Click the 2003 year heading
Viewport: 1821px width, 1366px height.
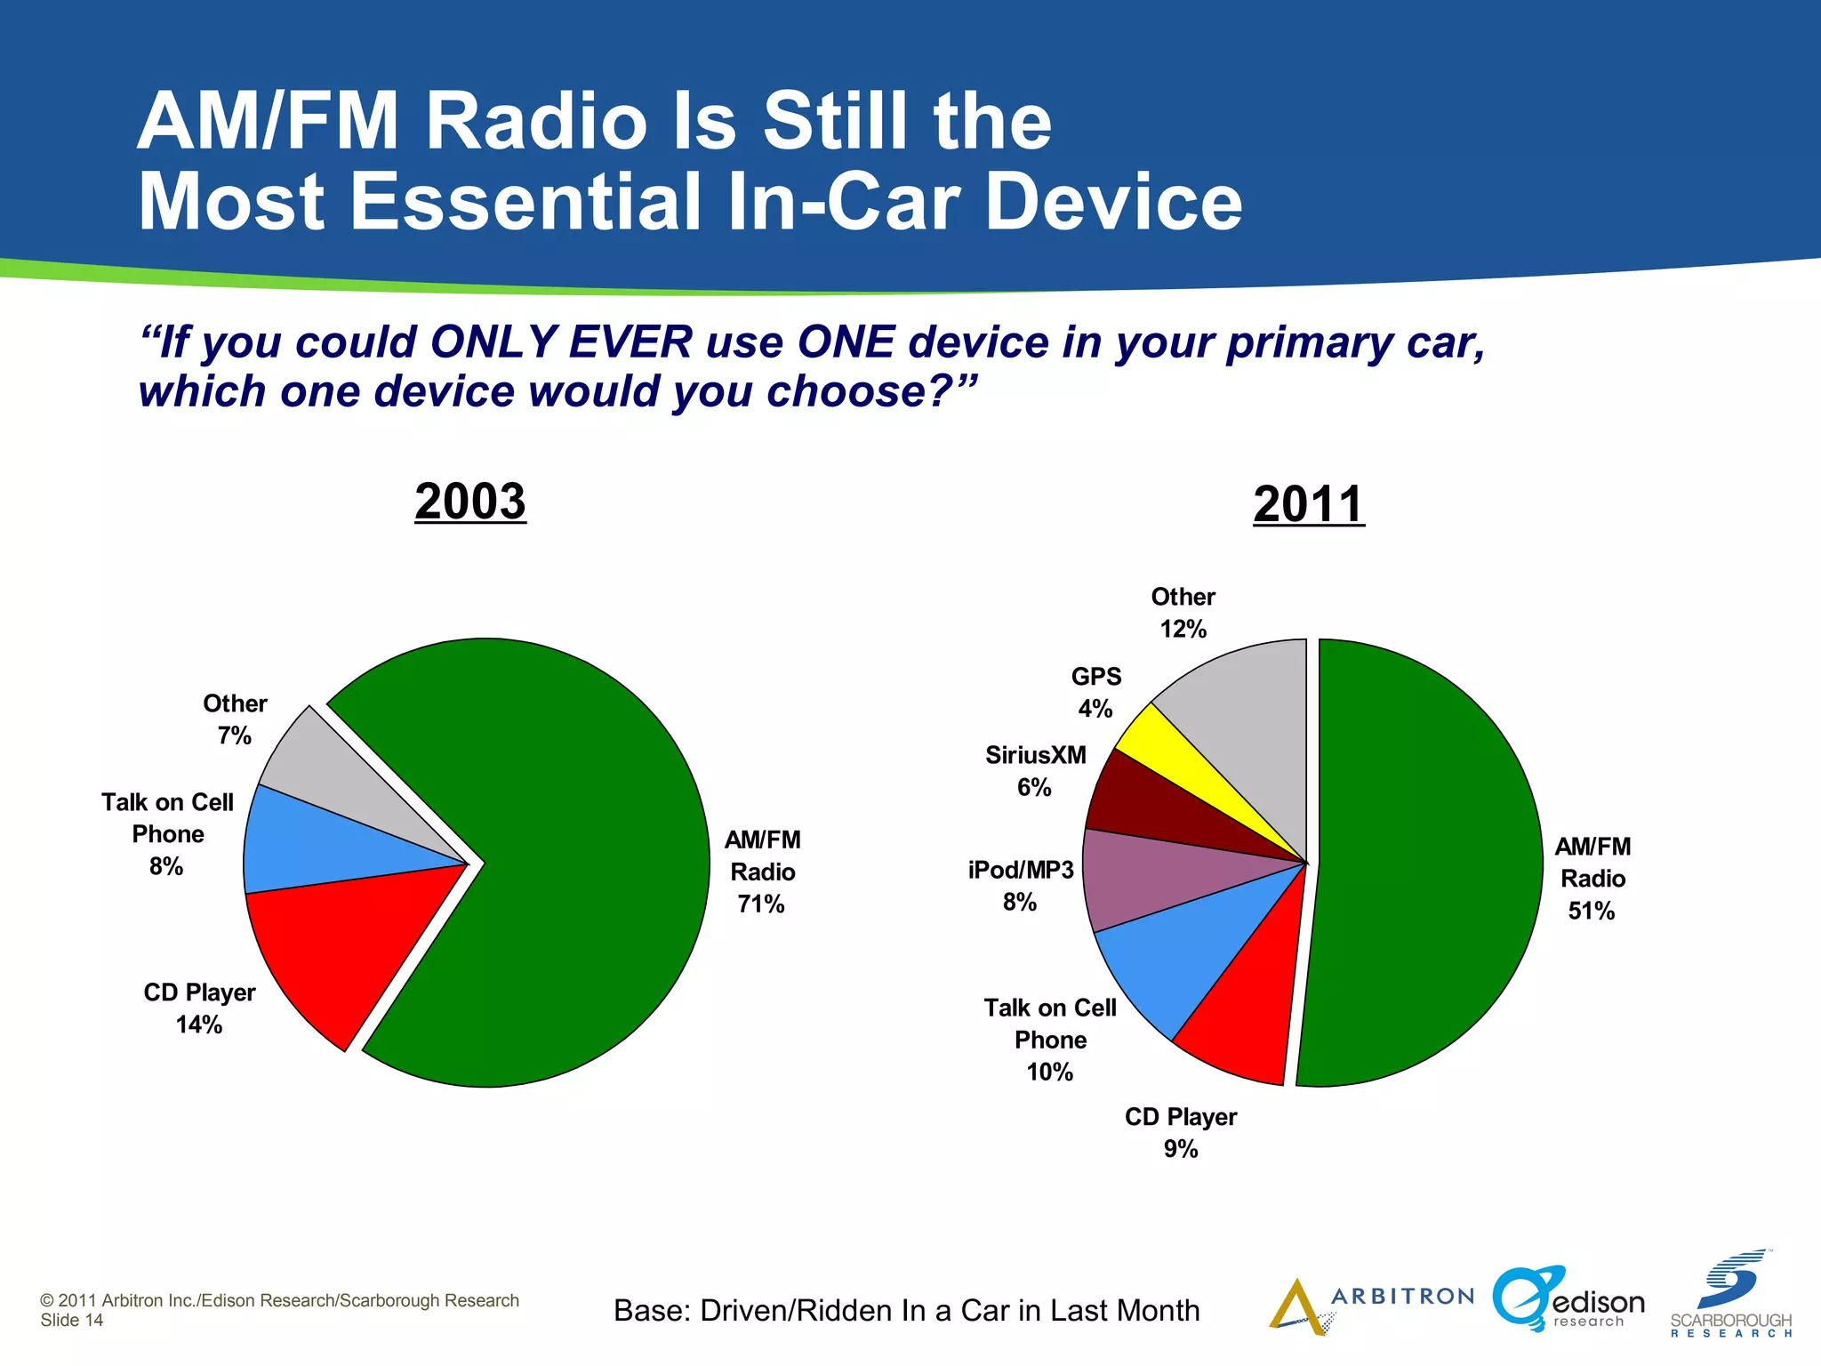470,502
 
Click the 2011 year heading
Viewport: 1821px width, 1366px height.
1308,504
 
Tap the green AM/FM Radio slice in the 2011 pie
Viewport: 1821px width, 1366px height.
1423,863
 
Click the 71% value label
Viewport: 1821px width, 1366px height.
761,904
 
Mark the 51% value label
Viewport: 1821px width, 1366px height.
1592,911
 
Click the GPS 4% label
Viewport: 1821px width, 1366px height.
1095,693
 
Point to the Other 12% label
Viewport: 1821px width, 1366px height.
1183,613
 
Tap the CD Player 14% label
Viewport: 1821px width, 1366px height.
199,1008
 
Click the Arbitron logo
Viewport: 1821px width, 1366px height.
1369,1304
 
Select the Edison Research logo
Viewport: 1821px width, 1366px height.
1569,1301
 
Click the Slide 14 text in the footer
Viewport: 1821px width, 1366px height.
71,1321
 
